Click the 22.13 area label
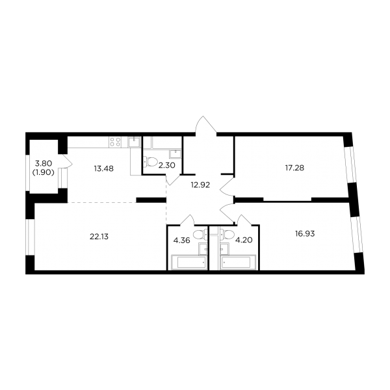tap(99, 237)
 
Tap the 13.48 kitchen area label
tap(104, 168)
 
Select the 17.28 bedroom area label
tap(294, 168)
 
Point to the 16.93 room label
tap(305, 234)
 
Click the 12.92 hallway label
tap(200, 185)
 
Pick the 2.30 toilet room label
tap(167, 165)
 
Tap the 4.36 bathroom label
tap(182, 240)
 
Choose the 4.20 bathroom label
tap(244, 240)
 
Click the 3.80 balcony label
tap(44, 163)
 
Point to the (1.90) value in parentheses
tap(44, 172)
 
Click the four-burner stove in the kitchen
tap(115, 142)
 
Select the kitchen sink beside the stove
tap(135, 142)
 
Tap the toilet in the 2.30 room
tap(151, 162)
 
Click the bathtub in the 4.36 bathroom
tap(189, 262)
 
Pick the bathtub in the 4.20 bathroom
tap(237, 262)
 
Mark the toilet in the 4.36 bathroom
tap(200, 235)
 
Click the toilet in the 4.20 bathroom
tap(227, 235)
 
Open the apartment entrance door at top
tap(205, 126)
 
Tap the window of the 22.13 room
tap(31, 237)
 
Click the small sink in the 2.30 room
tap(175, 153)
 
